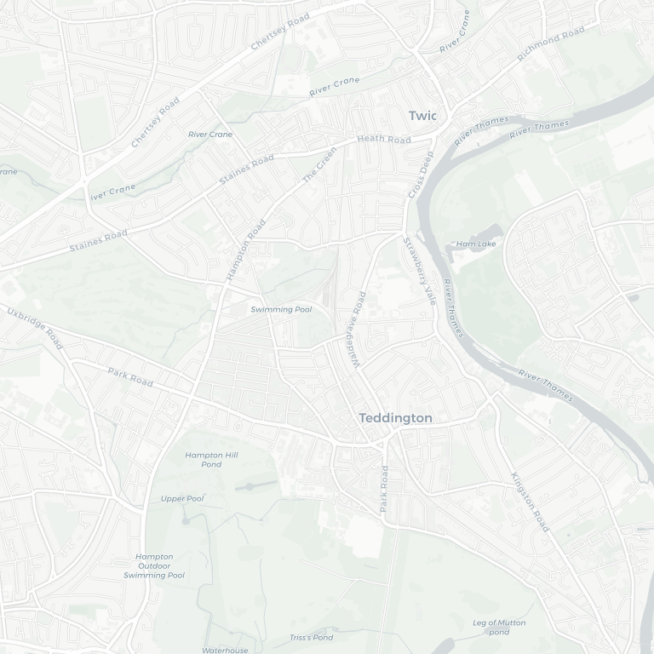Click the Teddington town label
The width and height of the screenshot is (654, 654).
[x=395, y=418]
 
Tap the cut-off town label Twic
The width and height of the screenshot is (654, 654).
[x=422, y=116]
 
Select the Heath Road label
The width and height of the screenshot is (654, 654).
[x=384, y=139]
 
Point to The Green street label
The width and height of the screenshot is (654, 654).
[x=320, y=165]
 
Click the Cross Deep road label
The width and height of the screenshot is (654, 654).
[x=421, y=175]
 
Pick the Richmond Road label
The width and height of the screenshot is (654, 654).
[x=551, y=44]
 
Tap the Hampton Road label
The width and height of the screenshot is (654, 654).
[x=246, y=250]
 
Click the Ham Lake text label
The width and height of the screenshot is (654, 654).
[x=476, y=244]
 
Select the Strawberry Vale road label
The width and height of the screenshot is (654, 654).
[x=419, y=271]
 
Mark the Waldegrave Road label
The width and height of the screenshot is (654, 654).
[x=359, y=330]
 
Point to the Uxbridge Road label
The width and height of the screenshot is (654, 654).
[x=35, y=327]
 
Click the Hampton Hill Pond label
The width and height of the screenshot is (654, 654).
[x=211, y=460]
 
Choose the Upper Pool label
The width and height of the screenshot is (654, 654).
[x=182, y=498]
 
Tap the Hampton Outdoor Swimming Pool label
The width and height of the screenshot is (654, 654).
[x=154, y=566]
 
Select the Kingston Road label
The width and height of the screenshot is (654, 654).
[x=530, y=502]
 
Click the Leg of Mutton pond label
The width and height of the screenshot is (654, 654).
[x=499, y=627]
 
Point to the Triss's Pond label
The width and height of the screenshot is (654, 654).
[x=312, y=637]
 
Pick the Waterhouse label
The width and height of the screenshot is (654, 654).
[x=226, y=650]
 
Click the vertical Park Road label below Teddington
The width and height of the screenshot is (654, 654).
[x=384, y=488]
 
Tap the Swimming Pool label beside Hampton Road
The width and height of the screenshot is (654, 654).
[x=281, y=309]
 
